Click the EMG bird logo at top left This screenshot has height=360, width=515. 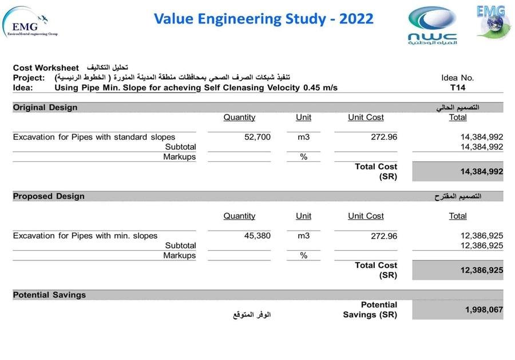click(30, 23)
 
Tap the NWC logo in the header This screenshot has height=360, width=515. click(433, 25)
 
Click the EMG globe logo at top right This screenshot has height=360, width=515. click(493, 22)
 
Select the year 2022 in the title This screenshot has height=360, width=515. click(356, 19)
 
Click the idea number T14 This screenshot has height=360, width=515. click(458, 88)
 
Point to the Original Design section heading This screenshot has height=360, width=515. click(45, 108)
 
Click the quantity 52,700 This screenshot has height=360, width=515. click(257, 137)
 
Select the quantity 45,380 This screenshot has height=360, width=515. click(257, 235)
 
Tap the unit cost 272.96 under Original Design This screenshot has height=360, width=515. click(384, 137)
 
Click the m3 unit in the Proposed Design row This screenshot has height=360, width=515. click(303, 235)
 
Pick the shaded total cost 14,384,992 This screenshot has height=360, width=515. click(481, 172)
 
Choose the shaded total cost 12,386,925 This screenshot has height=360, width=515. click(481, 270)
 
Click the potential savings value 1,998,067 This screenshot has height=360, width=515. click(484, 310)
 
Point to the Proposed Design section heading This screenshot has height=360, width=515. click(49, 196)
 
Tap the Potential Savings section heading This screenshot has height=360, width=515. click(49, 295)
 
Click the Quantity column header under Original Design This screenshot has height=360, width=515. click(239, 117)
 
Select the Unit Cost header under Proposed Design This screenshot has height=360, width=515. click(366, 216)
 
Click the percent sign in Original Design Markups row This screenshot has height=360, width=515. click(303, 157)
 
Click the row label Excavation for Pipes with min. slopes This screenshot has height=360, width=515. click(85, 235)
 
